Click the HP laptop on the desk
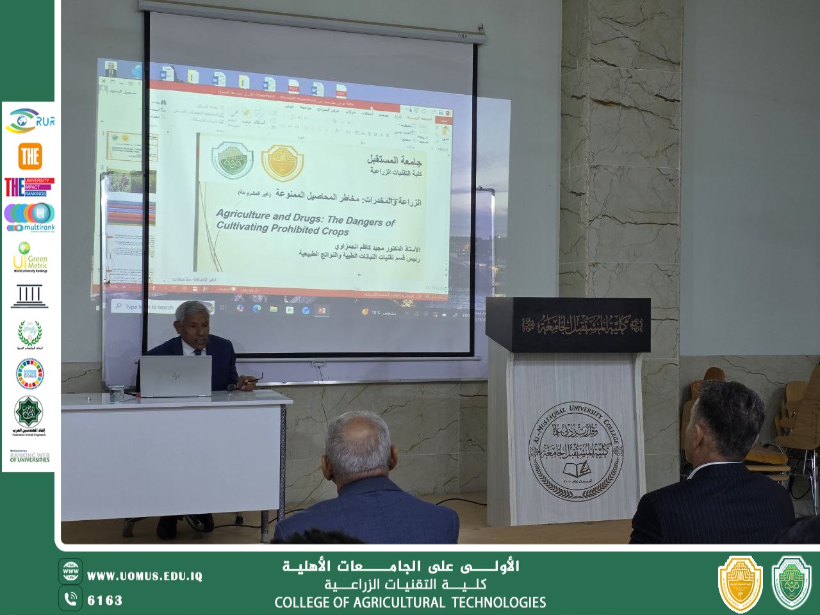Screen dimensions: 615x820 point(176,376)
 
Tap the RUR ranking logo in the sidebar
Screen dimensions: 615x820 point(30,120)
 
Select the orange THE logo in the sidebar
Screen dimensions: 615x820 point(29,156)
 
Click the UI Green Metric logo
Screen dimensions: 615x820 point(29,257)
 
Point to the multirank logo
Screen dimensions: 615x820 point(29,217)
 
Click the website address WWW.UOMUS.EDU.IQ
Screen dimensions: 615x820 point(144,576)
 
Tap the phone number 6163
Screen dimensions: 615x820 point(104,600)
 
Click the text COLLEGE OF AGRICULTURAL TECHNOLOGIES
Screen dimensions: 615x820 point(410,602)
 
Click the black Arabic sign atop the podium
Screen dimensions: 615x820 point(568,325)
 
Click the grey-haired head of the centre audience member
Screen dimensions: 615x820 point(356,446)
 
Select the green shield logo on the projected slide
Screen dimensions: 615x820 point(234,160)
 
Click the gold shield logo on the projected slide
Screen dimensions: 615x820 point(283,163)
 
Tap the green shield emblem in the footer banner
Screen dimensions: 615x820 point(791,583)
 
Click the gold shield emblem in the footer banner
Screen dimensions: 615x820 point(741,583)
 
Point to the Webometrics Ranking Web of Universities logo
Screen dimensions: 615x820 point(29,456)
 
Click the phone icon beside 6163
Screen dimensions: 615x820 point(70,599)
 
